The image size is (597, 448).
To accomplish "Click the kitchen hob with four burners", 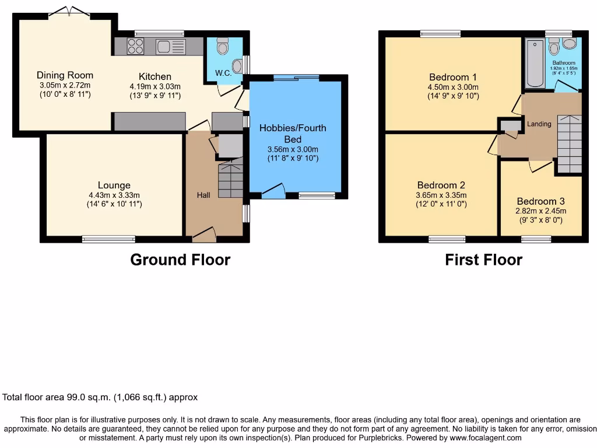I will (x=135, y=46).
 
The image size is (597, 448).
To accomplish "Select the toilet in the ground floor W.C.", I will (x=222, y=46).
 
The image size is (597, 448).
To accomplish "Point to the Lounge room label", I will (x=114, y=185).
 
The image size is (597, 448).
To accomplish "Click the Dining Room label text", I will (x=65, y=75).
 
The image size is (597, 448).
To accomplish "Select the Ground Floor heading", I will (x=180, y=260).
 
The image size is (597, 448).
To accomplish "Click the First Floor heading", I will (x=483, y=260).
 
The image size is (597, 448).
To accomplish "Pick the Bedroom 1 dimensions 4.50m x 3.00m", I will (x=453, y=87).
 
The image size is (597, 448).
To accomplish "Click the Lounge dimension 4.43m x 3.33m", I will (x=114, y=195).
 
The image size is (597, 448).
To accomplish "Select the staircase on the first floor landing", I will (x=569, y=143).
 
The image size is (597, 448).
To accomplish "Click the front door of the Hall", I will (x=203, y=235).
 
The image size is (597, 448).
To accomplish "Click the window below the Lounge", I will (x=108, y=239).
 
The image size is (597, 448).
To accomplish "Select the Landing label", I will (x=539, y=124).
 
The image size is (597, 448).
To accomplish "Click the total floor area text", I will (x=100, y=397).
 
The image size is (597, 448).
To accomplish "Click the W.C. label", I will (x=223, y=73).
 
